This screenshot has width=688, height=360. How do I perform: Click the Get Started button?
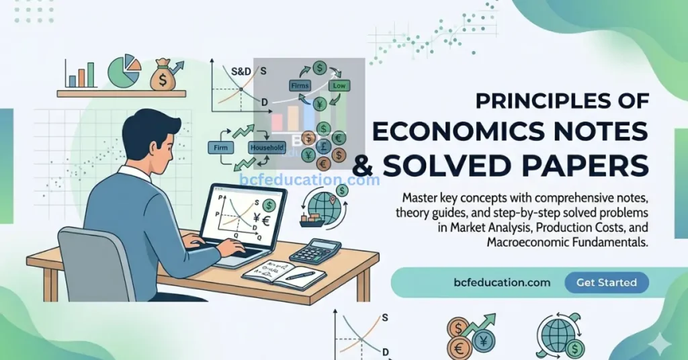(x=606, y=283)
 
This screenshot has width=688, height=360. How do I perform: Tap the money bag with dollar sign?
(x=163, y=75)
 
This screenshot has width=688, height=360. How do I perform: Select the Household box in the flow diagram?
(x=267, y=147)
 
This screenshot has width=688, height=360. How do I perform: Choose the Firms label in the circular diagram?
(x=299, y=86)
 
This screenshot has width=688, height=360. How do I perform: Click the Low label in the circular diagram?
(x=339, y=86)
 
